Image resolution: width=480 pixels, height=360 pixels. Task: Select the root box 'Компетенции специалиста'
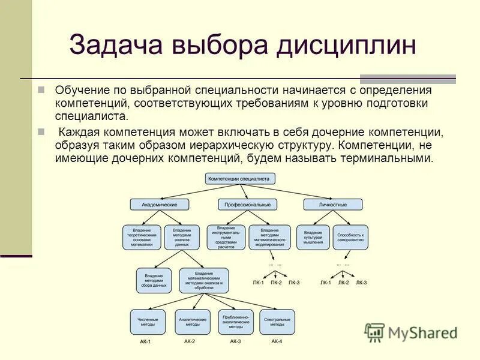click(241, 178)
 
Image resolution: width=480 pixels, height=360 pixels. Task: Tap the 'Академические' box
click(159, 205)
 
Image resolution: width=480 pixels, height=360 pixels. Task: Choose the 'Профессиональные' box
click(248, 205)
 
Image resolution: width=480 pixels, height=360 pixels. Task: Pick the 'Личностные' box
click(333, 205)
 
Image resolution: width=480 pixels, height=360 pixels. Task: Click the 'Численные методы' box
click(148, 322)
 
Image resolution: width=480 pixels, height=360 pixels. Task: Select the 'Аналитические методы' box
click(192, 322)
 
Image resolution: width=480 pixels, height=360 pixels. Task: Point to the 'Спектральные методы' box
click(277, 322)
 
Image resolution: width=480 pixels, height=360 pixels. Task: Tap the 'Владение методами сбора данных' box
click(155, 280)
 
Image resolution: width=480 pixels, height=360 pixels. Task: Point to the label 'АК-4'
click(277, 341)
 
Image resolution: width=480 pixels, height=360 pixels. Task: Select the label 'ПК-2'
click(276, 282)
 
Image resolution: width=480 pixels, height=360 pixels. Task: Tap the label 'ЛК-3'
click(361, 282)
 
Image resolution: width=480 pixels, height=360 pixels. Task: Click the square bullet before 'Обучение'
click(41, 89)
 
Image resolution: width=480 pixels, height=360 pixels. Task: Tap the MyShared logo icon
click(374, 332)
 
